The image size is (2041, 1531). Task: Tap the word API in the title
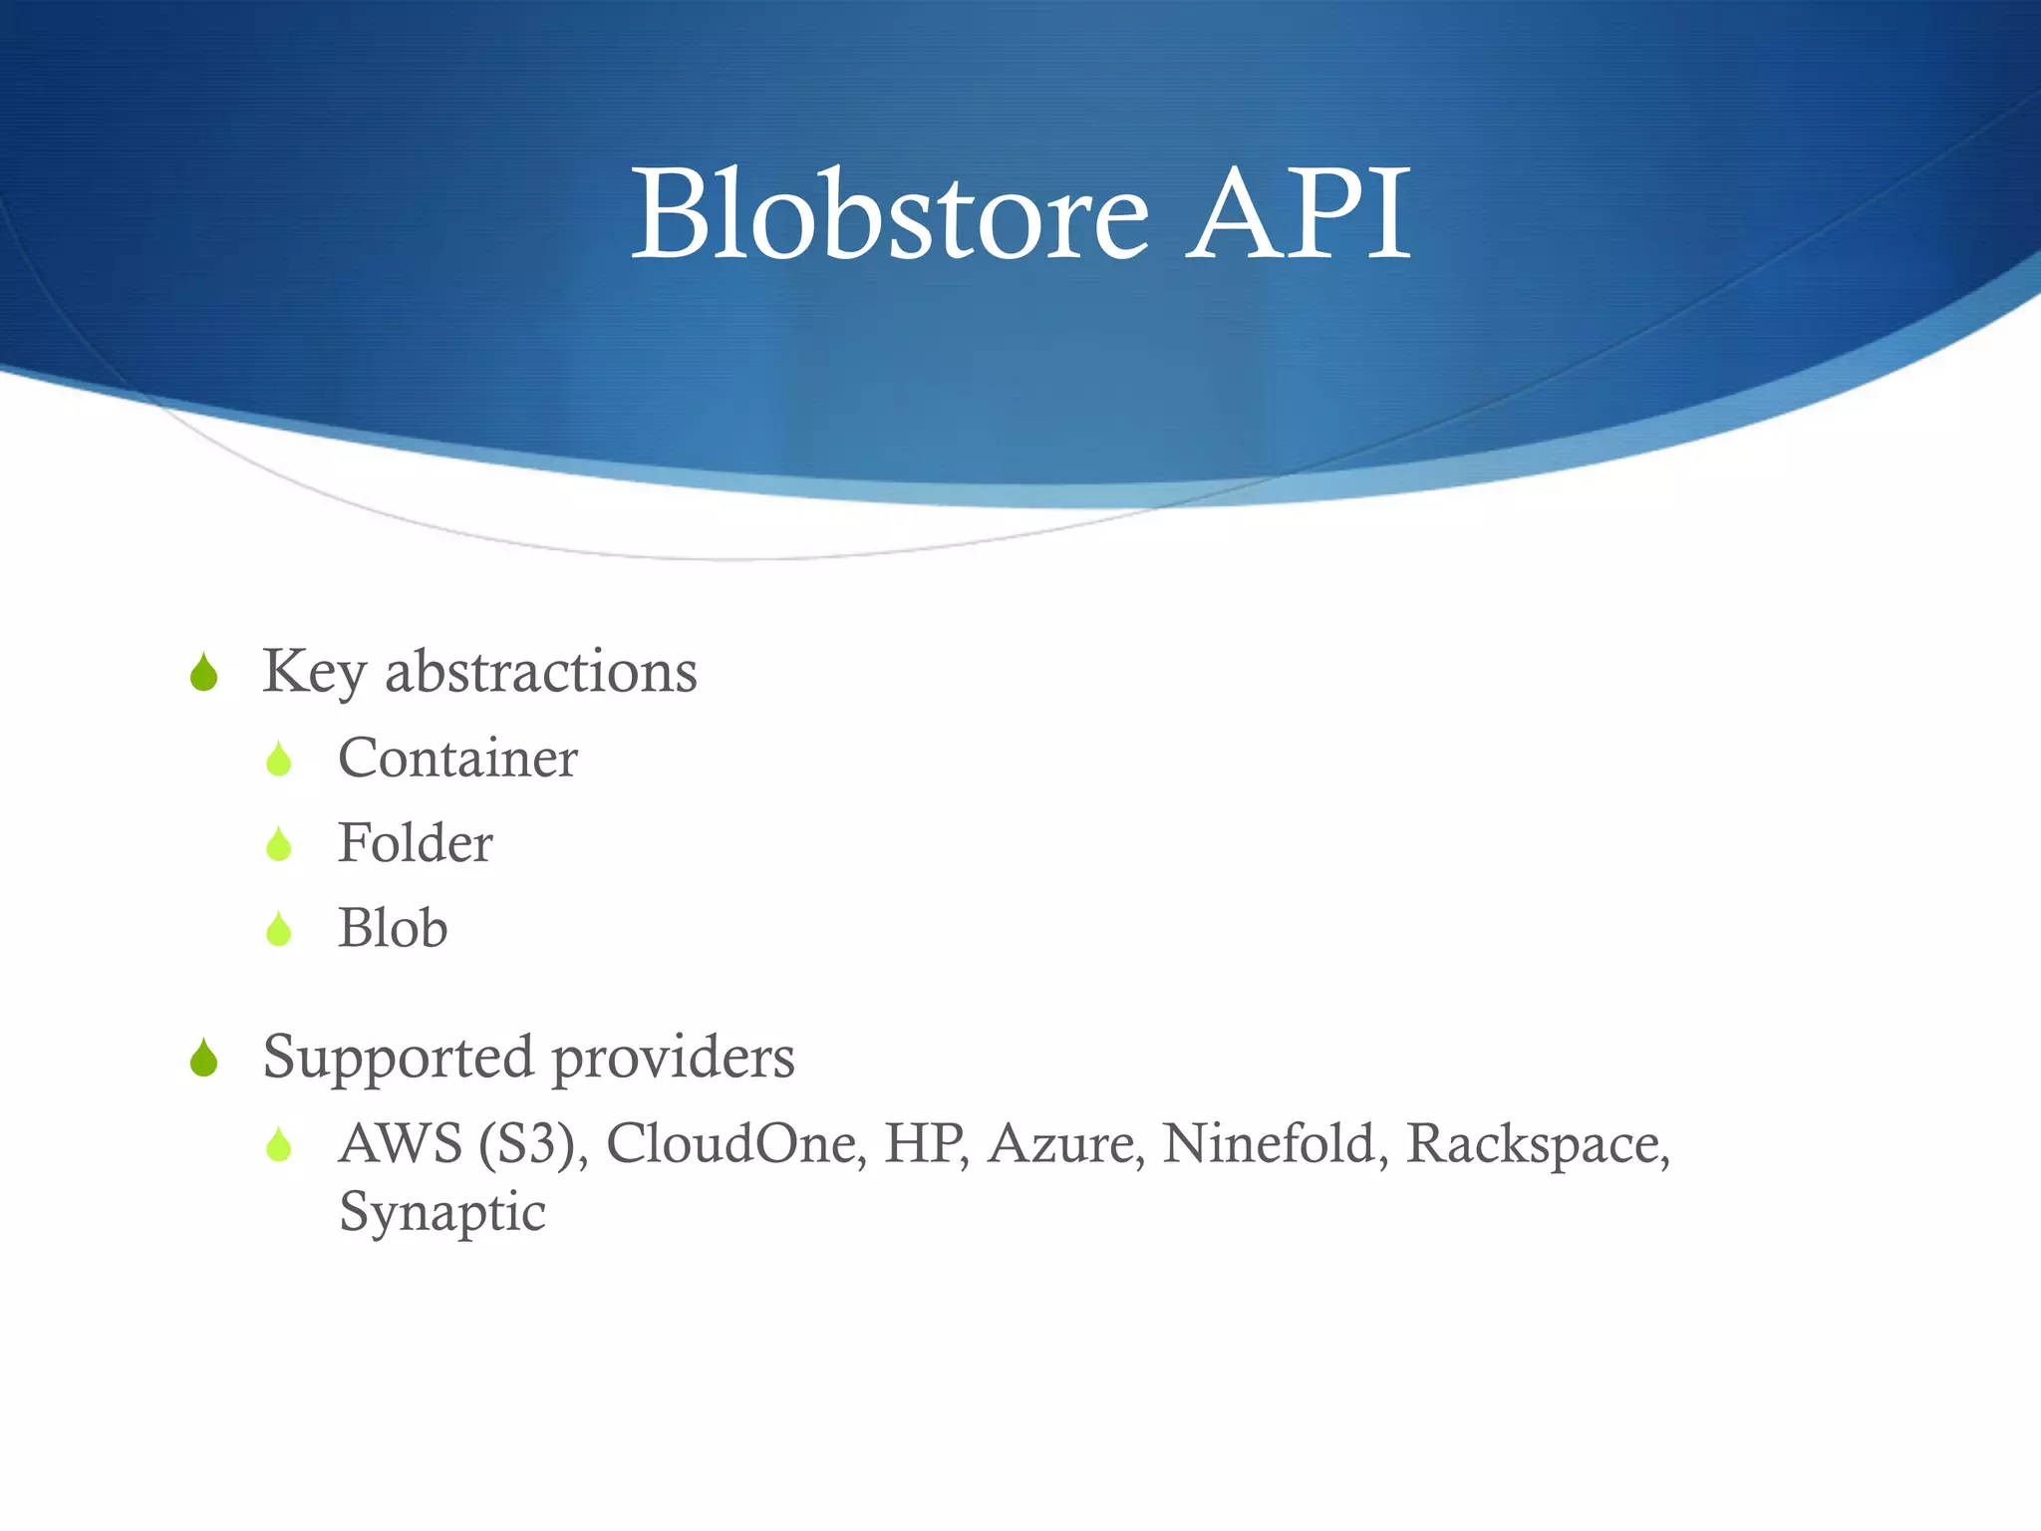pos(1298,214)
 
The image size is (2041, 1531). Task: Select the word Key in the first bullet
pos(314,672)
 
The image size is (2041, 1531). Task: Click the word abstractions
pos(541,672)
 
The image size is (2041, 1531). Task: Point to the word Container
pos(457,759)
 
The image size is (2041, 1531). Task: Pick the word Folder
pos(415,843)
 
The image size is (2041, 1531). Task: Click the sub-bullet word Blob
pos(393,928)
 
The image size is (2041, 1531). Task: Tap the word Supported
pos(398,1058)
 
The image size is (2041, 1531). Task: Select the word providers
pos(674,1058)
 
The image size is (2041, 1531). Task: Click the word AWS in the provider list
pos(401,1143)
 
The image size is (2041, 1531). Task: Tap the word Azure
pos(1065,1143)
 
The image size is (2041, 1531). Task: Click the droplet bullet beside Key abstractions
pos(204,673)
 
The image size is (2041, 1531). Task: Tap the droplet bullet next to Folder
pos(279,845)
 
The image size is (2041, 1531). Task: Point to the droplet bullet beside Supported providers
pos(204,1059)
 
